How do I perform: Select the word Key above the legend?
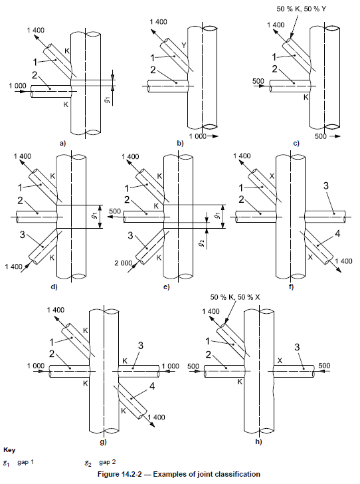(9, 450)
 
